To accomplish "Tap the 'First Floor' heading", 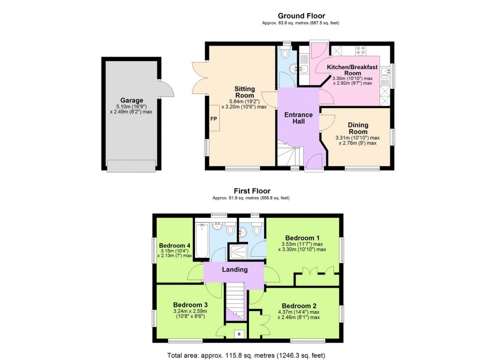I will pyautogui.click(x=249, y=191).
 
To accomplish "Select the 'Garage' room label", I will pyautogui.click(x=132, y=100).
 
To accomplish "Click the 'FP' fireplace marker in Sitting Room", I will pyautogui.click(x=213, y=119).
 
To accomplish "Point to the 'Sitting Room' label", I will pyautogui.click(x=244, y=92).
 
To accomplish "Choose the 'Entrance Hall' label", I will pyautogui.click(x=298, y=118).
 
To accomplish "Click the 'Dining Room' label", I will pyautogui.click(x=358, y=128).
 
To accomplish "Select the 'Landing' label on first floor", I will pyautogui.click(x=235, y=269).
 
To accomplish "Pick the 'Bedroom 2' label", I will pyautogui.click(x=296, y=306).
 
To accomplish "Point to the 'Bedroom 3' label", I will pyautogui.click(x=190, y=305).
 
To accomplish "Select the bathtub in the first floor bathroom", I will pyautogui.click(x=201, y=241).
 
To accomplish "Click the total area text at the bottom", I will pyautogui.click(x=246, y=354).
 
